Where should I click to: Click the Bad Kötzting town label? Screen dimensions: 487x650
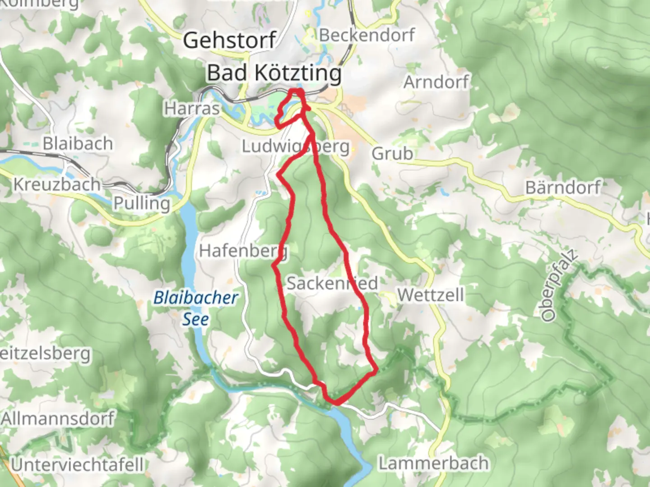coord(274,73)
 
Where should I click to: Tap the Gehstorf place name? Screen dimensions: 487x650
coord(229,41)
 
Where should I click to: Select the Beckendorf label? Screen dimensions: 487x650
coord(367,35)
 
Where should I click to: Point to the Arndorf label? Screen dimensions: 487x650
coord(436,83)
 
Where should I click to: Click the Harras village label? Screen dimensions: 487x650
coord(192,109)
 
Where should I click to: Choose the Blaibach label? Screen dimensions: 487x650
coord(78,144)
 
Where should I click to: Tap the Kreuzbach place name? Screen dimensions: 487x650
coord(57,184)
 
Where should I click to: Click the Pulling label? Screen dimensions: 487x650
coord(142,203)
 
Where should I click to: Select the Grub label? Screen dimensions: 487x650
coord(392,154)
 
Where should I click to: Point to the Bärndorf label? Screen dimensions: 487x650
coord(563,187)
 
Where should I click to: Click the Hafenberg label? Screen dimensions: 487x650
coord(243,251)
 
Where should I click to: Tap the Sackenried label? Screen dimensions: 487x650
coord(332,284)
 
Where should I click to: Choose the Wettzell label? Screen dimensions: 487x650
coord(431,295)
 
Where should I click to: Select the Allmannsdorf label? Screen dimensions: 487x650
coord(58,418)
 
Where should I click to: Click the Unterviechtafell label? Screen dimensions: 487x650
coord(77,464)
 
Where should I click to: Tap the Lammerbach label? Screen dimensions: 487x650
coord(433,463)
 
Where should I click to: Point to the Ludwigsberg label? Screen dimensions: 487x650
coord(296,147)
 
